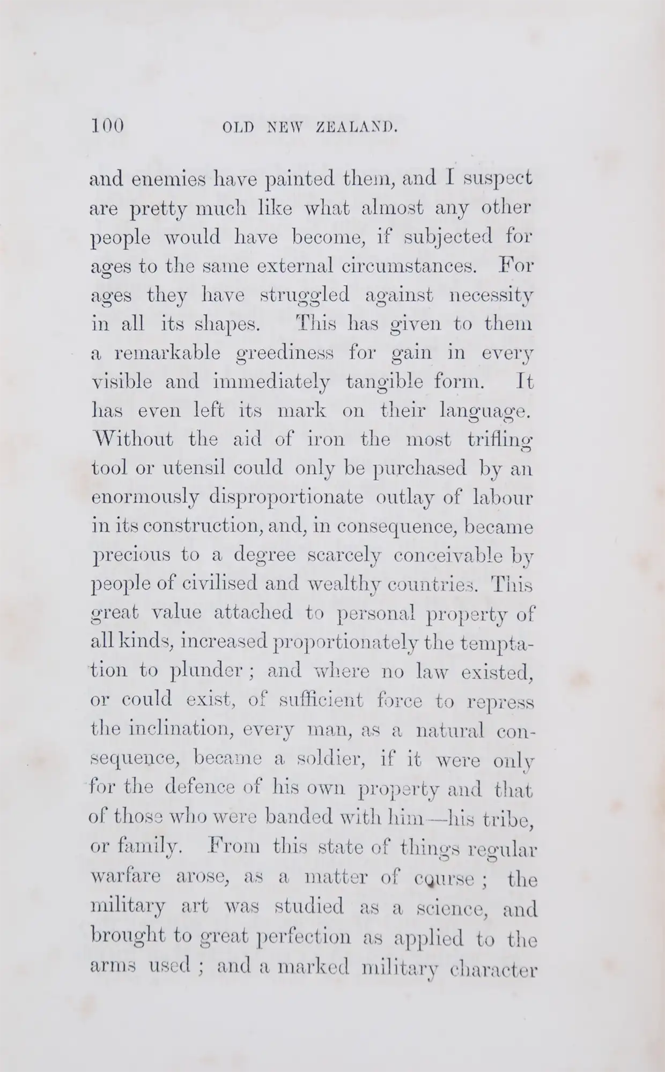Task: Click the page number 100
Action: pyautogui.click(x=107, y=126)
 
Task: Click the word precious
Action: pyautogui.click(x=131, y=556)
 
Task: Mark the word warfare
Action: pyautogui.click(x=126, y=878)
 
